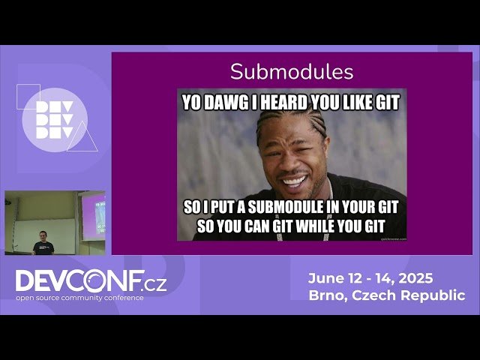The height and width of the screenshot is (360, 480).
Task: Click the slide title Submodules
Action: tap(292, 72)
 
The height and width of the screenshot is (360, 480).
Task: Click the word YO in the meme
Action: tap(193, 103)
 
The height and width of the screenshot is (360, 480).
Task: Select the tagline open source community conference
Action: tap(79, 298)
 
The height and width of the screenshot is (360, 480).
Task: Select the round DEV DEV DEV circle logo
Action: tap(54, 120)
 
